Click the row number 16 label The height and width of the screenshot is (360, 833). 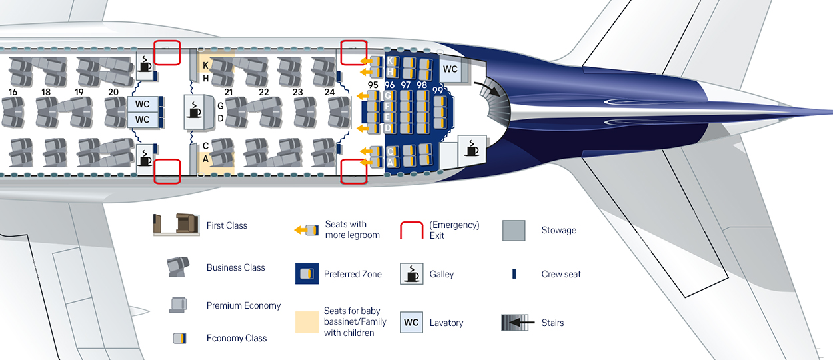pos(13,92)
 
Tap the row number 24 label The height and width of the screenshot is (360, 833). pos(329,92)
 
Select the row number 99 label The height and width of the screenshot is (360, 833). pos(438,90)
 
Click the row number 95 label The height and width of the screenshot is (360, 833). pos(373,85)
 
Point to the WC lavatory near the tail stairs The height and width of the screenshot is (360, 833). pos(450,69)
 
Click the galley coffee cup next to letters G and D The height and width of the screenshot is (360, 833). pos(195,111)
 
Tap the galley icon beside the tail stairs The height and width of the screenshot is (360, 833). pos(472,149)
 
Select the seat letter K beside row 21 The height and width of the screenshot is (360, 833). pos(206,65)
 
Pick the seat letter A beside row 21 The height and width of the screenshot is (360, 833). pos(205,159)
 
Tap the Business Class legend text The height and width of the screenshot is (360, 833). pos(235,268)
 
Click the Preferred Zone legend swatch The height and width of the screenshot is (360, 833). pos(307,274)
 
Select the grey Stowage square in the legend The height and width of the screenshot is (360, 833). pos(513,231)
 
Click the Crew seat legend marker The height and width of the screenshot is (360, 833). pos(514,274)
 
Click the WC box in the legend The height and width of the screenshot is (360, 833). pos(411,323)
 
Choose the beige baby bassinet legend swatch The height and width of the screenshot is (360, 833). pos(307,322)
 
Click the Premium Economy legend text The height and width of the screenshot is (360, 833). pos(243,306)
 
